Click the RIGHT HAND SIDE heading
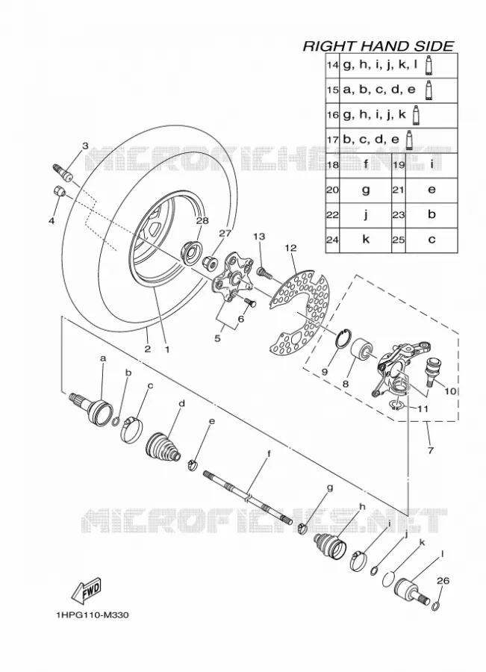tap(378, 46)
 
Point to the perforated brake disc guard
tap(300, 315)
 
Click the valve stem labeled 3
tap(63, 172)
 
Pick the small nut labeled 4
tap(59, 190)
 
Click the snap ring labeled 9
tap(343, 337)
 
